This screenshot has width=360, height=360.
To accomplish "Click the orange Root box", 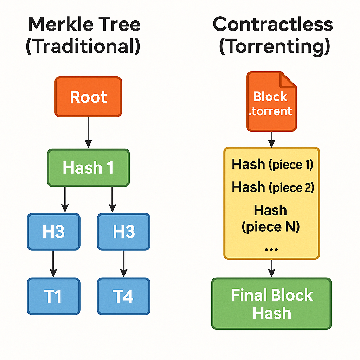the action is pos(88,97).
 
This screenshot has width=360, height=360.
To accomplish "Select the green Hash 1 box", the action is pos(88,168).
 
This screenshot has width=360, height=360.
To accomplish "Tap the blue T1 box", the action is pos(53,296).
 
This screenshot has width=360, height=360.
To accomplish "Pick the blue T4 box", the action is pos(124,296).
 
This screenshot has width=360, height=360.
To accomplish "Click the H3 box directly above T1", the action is pos(53,232).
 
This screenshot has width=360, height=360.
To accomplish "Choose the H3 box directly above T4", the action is pos(124,232).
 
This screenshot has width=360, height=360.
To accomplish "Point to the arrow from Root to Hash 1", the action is pos(88,133).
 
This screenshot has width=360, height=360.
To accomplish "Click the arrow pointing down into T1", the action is pos(53,264).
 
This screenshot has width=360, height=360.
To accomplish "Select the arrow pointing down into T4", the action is pos(123,264).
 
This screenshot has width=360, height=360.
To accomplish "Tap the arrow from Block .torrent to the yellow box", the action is pos(271,140).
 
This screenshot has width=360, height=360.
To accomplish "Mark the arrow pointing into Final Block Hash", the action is pos(271,268).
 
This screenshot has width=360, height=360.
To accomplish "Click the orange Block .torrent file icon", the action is pos(272,102).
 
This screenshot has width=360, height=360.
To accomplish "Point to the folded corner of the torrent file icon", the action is pos(288,80).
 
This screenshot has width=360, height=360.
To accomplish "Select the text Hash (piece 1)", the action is pos(272,164).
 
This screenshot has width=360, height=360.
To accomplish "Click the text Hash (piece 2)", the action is pos(273,187).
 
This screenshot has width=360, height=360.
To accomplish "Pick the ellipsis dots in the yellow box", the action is pos(271,249).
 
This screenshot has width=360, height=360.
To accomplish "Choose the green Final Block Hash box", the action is pos(271,304).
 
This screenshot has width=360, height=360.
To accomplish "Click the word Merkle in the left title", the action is pos(60,24).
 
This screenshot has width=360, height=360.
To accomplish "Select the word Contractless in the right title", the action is pos(273,24).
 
